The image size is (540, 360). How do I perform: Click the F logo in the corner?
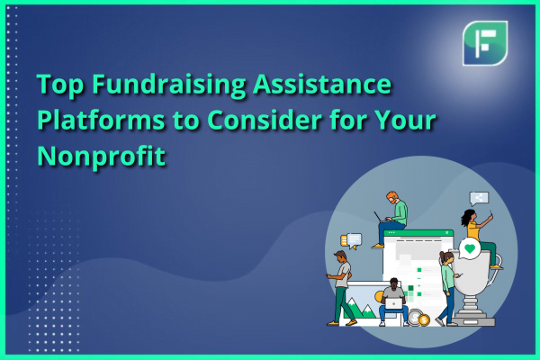click(485, 43)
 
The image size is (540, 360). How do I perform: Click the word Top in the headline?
click(60, 85)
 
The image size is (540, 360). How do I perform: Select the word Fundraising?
click(169, 85)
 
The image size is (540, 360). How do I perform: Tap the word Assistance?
click(322, 84)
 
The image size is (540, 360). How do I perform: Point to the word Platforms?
click(101, 121)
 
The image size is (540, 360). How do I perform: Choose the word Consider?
click(265, 121)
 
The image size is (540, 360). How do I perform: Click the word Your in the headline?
click(405, 121)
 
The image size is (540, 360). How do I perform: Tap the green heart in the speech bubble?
click(470, 248)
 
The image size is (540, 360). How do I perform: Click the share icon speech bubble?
click(479, 198)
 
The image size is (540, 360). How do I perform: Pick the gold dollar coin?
click(424, 320)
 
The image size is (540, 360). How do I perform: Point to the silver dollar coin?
click(414, 317)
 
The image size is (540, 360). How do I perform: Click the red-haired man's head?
click(391, 198)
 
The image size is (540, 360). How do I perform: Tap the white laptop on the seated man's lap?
click(393, 304)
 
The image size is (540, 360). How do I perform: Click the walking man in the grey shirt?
click(342, 288)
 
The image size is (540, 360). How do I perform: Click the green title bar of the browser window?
click(418, 233)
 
